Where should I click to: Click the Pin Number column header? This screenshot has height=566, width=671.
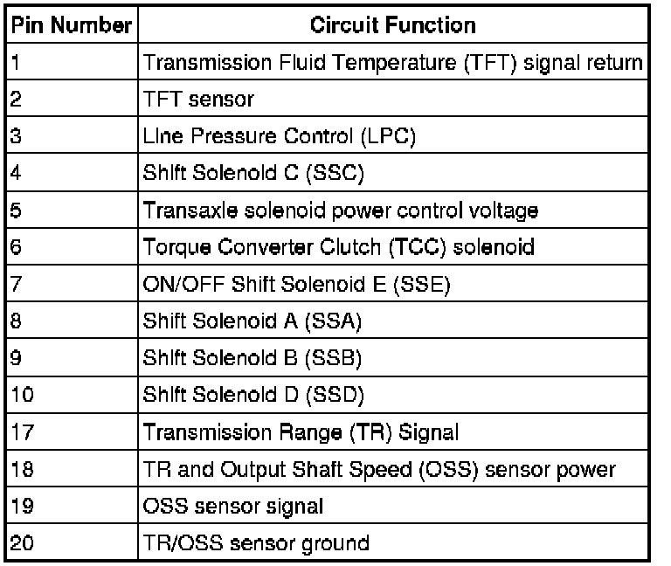70,25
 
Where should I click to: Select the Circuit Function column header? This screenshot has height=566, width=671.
393,25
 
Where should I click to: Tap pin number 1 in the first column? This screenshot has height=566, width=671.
16,63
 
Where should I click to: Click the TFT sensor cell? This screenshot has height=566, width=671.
198,100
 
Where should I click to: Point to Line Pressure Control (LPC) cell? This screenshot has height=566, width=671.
280,137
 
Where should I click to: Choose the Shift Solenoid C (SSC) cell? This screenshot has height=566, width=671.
252,174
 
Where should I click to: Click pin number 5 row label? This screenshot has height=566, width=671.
16,211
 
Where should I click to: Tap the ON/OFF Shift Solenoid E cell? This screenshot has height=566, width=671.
295,285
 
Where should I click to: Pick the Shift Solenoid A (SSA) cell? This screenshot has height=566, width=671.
252,321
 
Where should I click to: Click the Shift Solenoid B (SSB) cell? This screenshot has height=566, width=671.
252,358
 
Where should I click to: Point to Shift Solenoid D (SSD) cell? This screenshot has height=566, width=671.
253,395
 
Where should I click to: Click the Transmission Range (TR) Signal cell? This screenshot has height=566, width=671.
301,432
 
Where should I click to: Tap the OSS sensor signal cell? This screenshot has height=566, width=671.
232,506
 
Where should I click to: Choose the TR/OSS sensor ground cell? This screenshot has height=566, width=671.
255,543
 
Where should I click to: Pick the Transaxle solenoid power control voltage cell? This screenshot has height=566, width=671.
340,211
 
